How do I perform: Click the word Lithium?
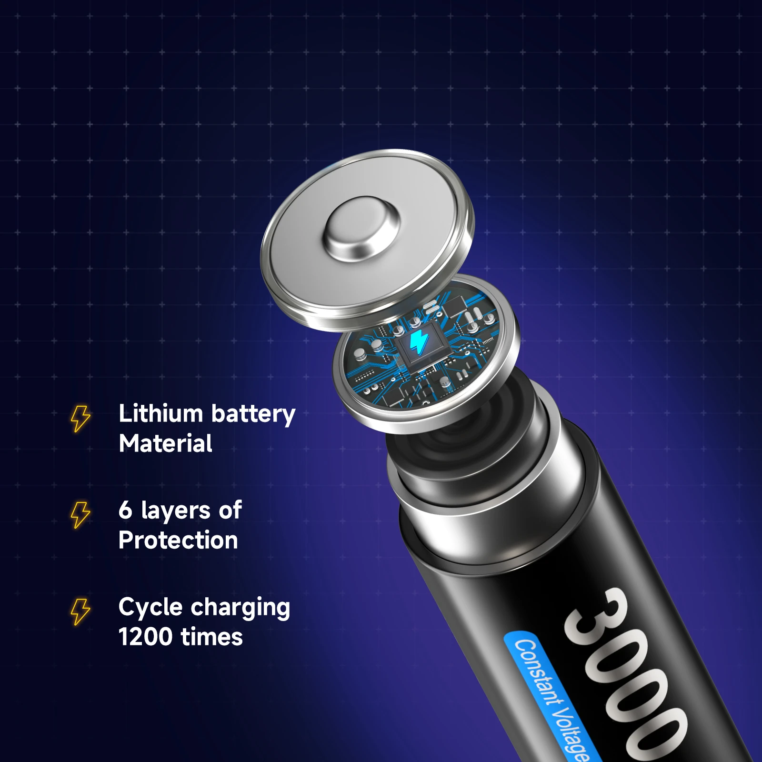(161, 413)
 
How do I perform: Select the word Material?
(165, 443)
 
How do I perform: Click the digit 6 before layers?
(125, 510)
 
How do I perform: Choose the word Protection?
(178, 540)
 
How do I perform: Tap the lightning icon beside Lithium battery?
(80, 419)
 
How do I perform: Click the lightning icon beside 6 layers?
(80, 514)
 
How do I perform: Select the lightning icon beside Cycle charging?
(80, 612)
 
